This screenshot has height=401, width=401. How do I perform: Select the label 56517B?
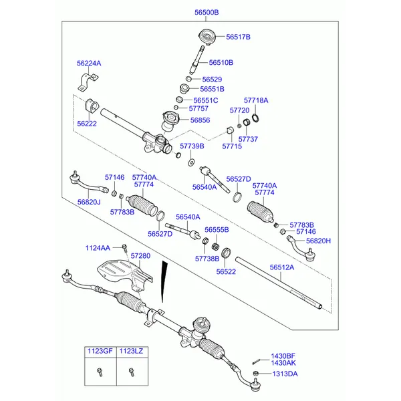point(238,37)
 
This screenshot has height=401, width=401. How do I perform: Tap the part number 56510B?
point(221,62)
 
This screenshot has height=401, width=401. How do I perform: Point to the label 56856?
point(200,120)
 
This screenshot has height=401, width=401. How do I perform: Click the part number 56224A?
point(89,63)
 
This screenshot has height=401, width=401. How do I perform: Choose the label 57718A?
point(255,100)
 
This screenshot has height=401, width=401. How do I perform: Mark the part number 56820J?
point(88,202)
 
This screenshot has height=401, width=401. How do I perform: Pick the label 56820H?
point(319,241)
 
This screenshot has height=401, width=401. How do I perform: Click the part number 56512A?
point(281,267)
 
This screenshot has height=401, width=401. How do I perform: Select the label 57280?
point(140,256)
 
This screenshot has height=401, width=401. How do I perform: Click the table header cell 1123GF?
point(99,351)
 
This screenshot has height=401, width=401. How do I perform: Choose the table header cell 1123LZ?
point(131,351)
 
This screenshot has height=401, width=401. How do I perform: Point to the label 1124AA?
point(98,248)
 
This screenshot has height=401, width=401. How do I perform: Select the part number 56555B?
point(217,230)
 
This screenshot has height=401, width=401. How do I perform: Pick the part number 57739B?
point(192,146)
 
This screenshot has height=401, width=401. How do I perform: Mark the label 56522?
point(227,271)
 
